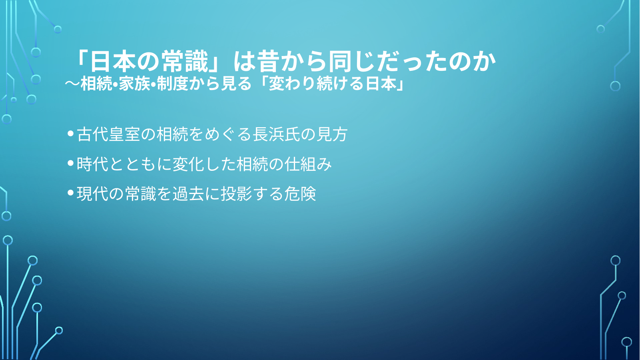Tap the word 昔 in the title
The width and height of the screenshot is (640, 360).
point(268,62)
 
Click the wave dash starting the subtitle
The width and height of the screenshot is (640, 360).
point(72,84)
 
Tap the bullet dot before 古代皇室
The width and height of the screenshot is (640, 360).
point(71,134)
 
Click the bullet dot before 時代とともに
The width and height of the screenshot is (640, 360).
point(71,163)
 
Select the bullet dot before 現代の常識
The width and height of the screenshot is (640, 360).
point(71,193)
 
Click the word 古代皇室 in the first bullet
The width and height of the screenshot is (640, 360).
point(108,134)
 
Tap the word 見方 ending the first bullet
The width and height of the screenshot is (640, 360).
point(332,134)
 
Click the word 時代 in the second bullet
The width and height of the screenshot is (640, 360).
point(93,164)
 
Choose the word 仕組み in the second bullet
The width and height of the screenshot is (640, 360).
point(308,164)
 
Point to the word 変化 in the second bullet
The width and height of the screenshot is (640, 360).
point(188,164)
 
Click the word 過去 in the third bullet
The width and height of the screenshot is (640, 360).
point(188,194)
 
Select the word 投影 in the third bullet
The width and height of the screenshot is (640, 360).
point(236,194)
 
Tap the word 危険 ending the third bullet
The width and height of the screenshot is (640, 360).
point(300,194)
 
